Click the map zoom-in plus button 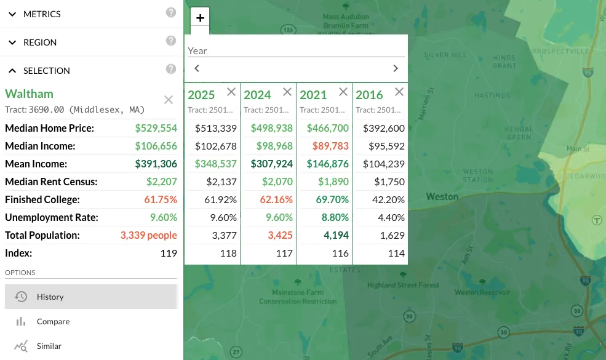tap(200, 18)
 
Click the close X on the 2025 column tap(231, 92)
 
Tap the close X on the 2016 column tap(399, 92)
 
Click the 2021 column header tap(313, 95)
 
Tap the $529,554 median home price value tap(156, 129)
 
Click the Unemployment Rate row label tap(52, 217)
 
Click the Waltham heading tap(30, 94)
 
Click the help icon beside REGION tap(171, 41)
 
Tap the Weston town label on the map tap(442, 197)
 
